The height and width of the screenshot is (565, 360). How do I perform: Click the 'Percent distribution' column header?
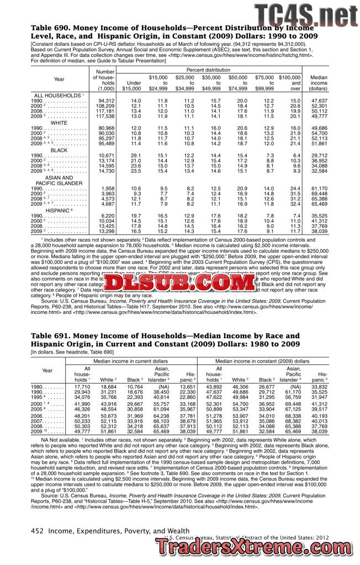pyautogui.click(x=208, y=70)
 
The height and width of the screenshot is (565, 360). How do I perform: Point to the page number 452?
pyautogui.click(x=36, y=531)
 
